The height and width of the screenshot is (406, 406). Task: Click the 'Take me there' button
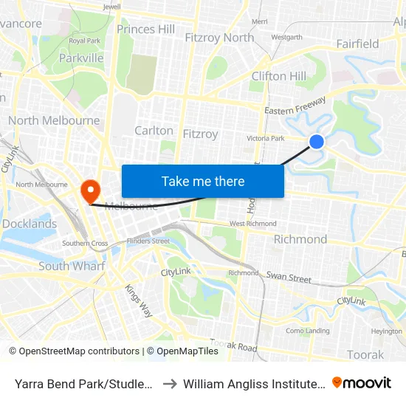(x=203, y=181)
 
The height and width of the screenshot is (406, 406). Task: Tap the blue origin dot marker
(x=317, y=141)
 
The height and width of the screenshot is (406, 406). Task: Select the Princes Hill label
(x=146, y=29)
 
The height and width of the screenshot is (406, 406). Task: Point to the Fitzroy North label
(x=219, y=38)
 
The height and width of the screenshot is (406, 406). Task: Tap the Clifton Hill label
(x=278, y=76)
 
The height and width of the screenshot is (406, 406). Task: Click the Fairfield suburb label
(x=357, y=44)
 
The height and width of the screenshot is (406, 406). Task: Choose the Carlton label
(x=154, y=131)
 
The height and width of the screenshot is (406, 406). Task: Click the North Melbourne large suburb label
(x=54, y=120)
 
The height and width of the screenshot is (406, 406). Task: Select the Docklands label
(x=30, y=224)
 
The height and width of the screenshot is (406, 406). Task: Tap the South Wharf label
(x=72, y=266)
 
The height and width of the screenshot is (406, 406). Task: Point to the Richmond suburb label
(x=300, y=239)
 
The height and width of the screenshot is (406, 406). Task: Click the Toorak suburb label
(x=365, y=354)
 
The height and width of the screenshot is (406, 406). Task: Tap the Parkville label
(x=81, y=57)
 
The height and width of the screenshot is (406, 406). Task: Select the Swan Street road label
(x=289, y=278)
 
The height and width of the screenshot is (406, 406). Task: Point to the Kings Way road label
(x=138, y=301)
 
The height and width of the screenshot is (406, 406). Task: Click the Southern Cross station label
(x=85, y=243)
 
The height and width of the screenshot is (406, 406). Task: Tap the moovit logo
(x=362, y=382)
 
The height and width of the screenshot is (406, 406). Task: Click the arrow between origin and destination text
(x=168, y=383)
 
